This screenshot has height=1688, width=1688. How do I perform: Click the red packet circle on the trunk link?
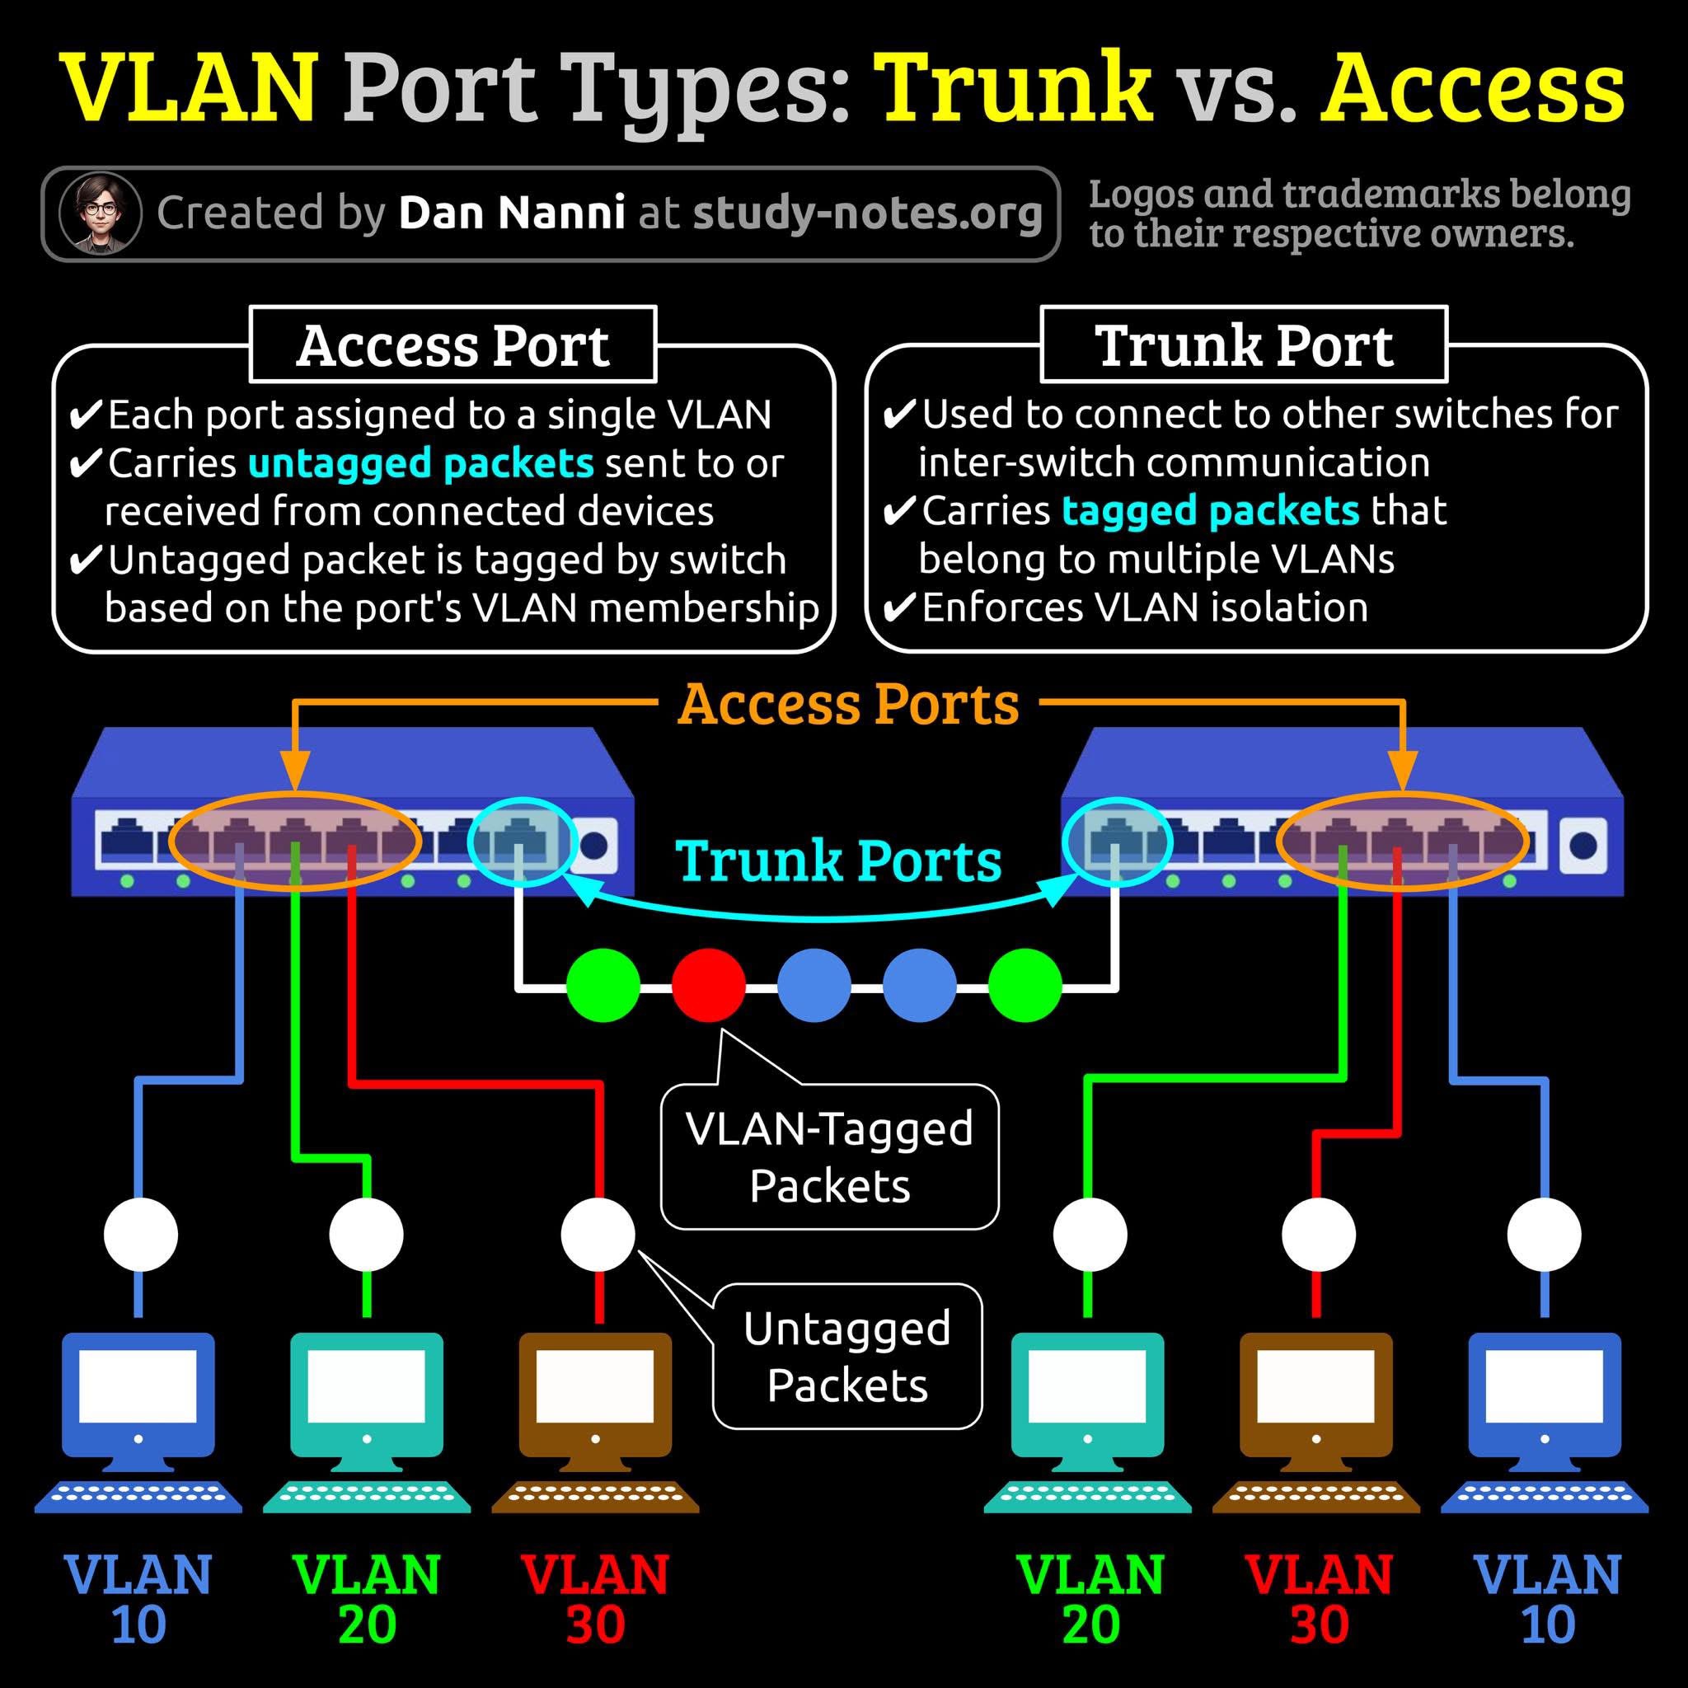(x=709, y=985)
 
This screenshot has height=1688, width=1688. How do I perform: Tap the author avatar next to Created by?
(x=101, y=213)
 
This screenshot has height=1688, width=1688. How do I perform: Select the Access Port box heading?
(x=452, y=345)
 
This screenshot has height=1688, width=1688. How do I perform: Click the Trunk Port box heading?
(x=1243, y=345)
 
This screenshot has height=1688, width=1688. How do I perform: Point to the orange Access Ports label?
(x=847, y=704)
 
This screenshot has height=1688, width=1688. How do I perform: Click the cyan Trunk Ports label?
(x=839, y=860)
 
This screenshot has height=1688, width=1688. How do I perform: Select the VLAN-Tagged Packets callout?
(x=829, y=1156)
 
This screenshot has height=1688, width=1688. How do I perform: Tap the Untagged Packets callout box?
(x=846, y=1356)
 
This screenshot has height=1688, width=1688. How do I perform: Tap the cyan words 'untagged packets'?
(x=421, y=463)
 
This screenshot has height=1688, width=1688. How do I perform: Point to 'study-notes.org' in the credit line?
(x=867, y=213)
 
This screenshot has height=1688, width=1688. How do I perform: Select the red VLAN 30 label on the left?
(x=596, y=1599)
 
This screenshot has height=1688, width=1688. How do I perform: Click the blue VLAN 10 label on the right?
(x=1547, y=1599)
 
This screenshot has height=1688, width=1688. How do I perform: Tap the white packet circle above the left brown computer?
(x=598, y=1235)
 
